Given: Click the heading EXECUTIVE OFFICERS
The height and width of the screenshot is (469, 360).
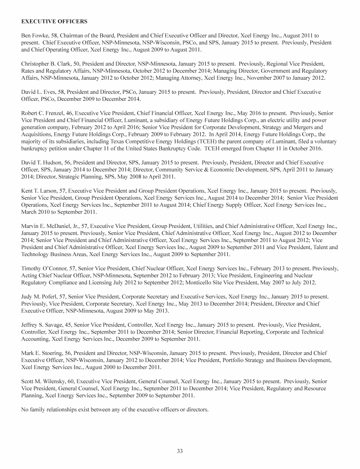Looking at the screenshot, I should (x=54, y=22).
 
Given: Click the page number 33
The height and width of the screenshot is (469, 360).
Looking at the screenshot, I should (x=180, y=451).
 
